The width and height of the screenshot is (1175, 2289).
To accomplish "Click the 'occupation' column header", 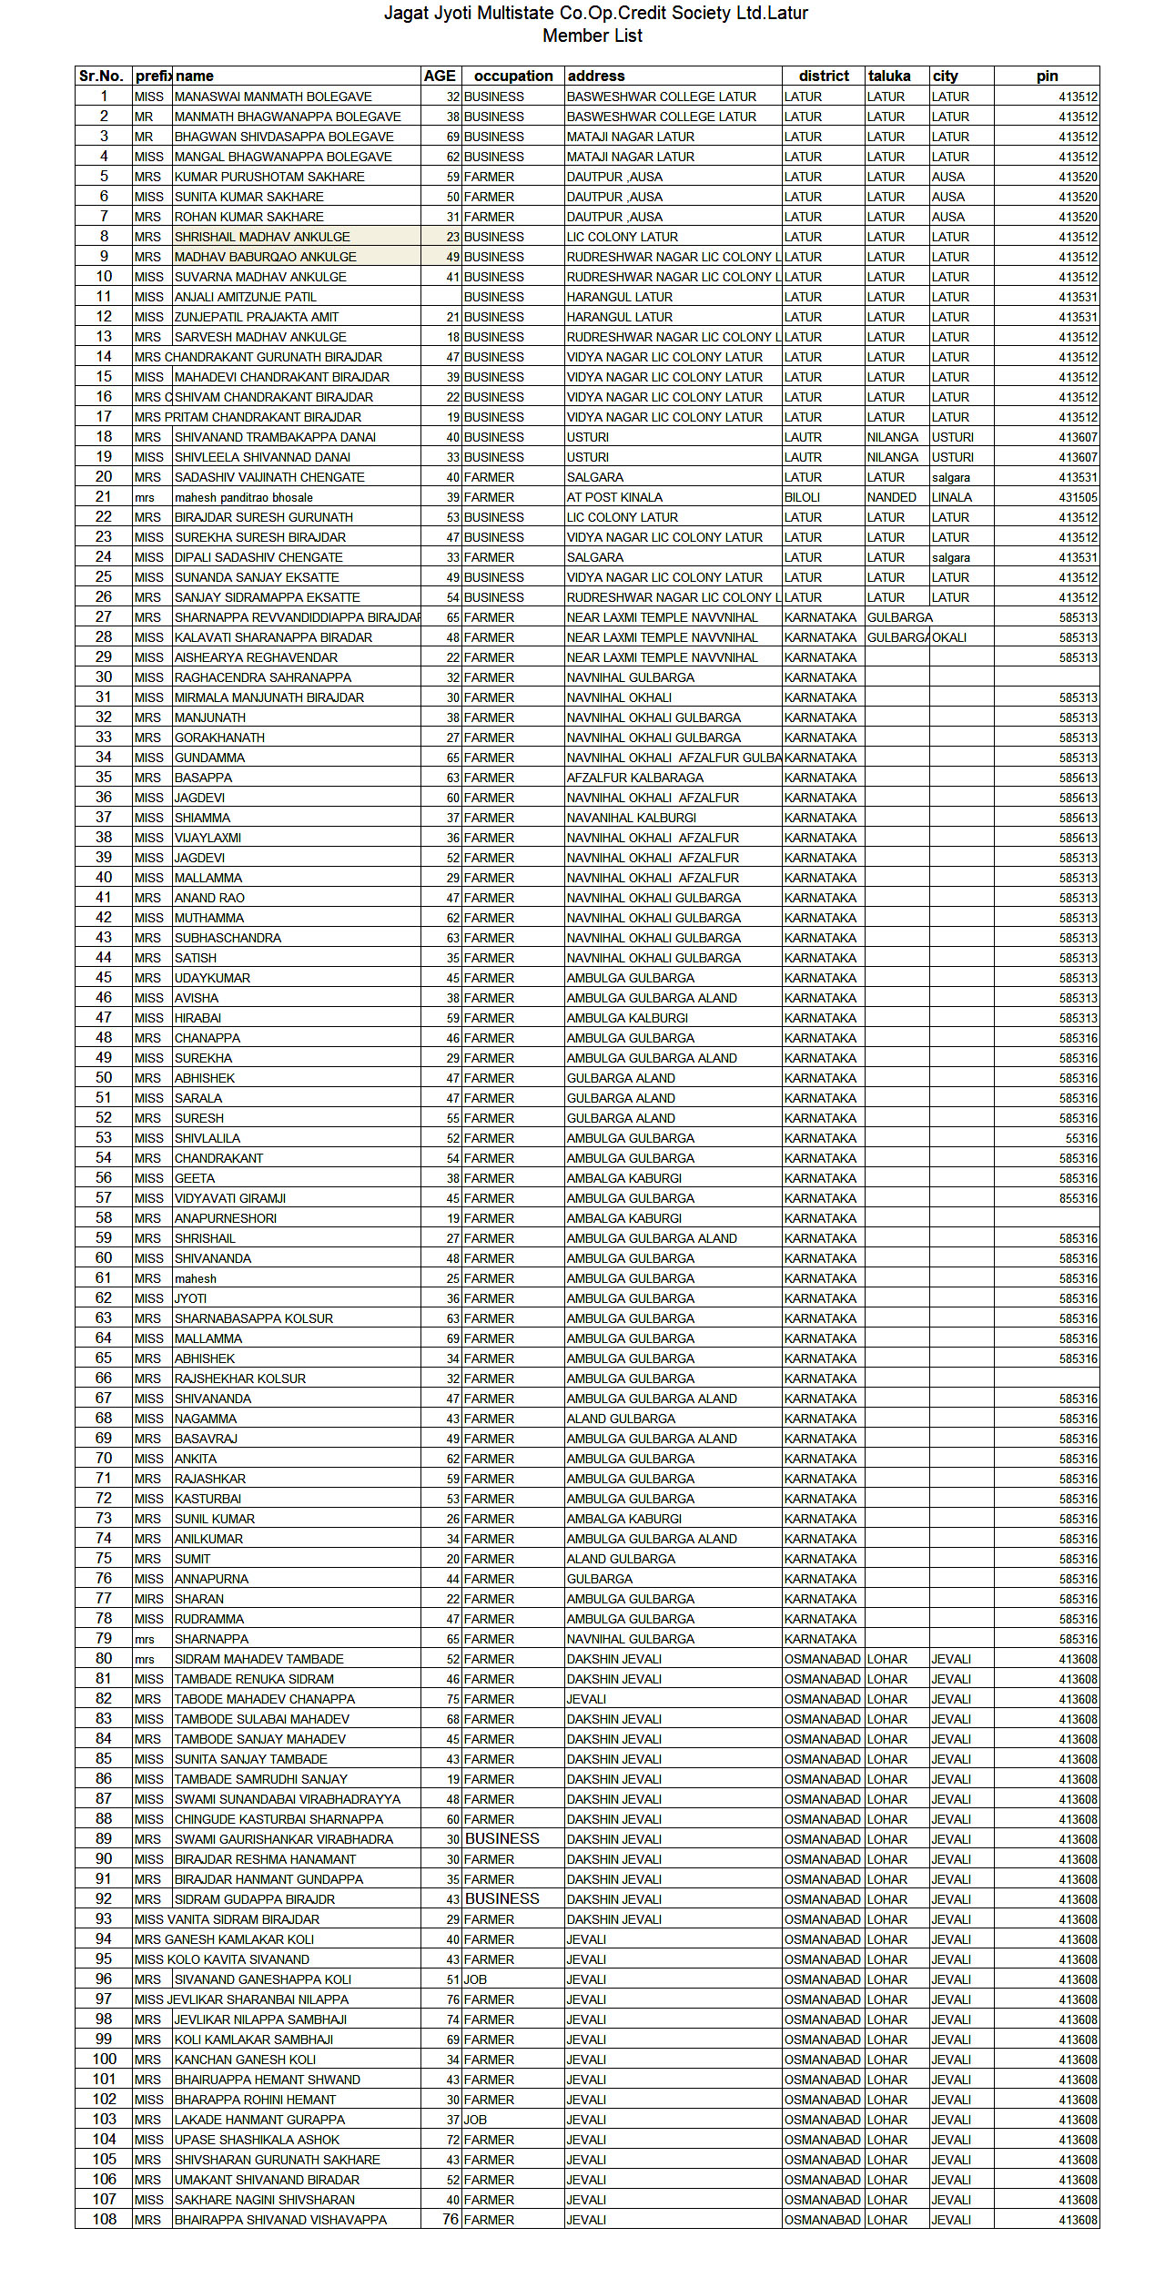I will pyautogui.click(x=513, y=76).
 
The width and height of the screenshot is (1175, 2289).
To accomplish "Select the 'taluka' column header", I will pyautogui.click(x=889, y=76).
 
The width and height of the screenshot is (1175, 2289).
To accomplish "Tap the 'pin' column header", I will pyautogui.click(x=1047, y=76).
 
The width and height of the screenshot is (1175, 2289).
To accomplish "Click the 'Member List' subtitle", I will pyautogui.click(x=593, y=36).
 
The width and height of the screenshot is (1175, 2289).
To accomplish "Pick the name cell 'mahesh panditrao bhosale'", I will pyautogui.click(x=244, y=497).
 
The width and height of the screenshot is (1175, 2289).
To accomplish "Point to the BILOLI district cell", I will pyautogui.click(x=802, y=497).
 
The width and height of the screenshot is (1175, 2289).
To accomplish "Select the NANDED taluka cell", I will pyautogui.click(x=892, y=497).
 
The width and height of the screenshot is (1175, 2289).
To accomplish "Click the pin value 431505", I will pyautogui.click(x=1078, y=497).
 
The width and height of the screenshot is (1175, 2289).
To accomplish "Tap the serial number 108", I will pyautogui.click(x=105, y=2220).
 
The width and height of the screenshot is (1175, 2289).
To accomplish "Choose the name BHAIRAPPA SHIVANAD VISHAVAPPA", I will pyautogui.click(x=280, y=2220).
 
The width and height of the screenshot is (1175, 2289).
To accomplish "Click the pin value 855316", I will pyautogui.click(x=1078, y=1198).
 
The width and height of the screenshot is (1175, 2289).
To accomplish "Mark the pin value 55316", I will pyautogui.click(x=1081, y=1138).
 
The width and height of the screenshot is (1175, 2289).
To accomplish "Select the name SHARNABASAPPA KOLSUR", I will pyautogui.click(x=254, y=1318).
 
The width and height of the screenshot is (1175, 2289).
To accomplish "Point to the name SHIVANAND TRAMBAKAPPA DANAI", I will pyautogui.click(x=275, y=437).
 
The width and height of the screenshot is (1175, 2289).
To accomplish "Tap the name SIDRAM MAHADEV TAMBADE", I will pyautogui.click(x=259, y=1659).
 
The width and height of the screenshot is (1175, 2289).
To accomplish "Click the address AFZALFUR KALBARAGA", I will pyautogui.click(x=635, y=778).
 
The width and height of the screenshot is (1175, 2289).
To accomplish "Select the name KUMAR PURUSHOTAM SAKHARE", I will pyautogui.click(x=269, y=177).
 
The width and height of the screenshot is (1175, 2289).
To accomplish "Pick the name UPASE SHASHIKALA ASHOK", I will pyautogui.click(x=257, y=2140).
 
